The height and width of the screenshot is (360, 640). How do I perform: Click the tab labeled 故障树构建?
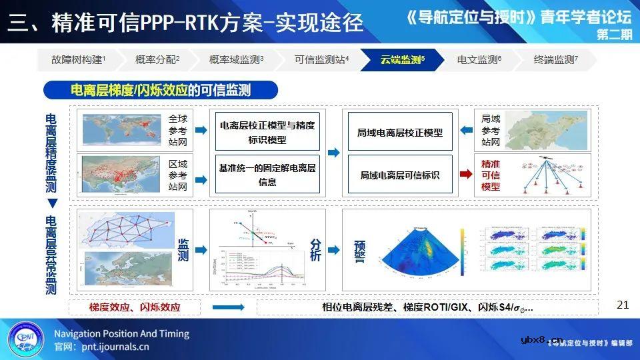point(78,60)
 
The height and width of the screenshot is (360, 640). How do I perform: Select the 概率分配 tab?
point(157,60)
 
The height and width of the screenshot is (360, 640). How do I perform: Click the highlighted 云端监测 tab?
point(402,60)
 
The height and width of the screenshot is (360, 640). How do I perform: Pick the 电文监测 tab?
point(479,60)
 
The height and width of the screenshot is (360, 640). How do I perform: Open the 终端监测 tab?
point(555,60)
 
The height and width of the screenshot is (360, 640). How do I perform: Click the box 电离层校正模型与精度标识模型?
point(267,132)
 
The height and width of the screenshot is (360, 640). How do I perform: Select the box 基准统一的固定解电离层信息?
point(267,175)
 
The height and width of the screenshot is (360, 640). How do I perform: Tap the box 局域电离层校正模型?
point(399,132)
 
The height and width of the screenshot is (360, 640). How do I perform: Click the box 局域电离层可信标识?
point(399,175)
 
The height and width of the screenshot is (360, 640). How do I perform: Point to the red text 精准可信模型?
point(491,175)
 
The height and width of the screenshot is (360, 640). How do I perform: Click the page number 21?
point(623,305)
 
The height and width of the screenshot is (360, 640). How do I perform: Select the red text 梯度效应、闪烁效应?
point(135,307)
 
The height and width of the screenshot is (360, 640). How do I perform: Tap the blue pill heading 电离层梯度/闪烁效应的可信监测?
point(161,90)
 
